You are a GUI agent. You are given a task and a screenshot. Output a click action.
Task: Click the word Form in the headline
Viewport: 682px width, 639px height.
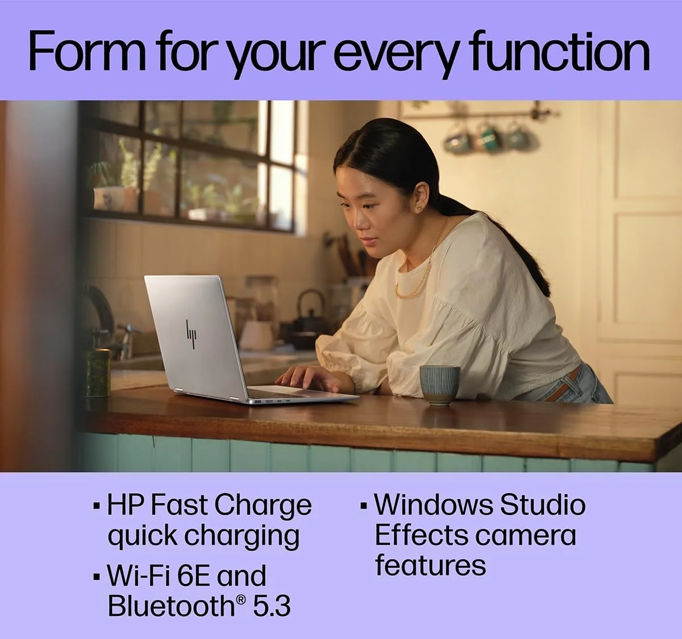tap(87, 52)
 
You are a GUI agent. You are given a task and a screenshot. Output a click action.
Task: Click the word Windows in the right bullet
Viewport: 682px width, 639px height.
tap(434, 506)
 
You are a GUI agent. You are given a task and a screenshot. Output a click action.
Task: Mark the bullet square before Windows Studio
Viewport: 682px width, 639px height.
tap(364, 507)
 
